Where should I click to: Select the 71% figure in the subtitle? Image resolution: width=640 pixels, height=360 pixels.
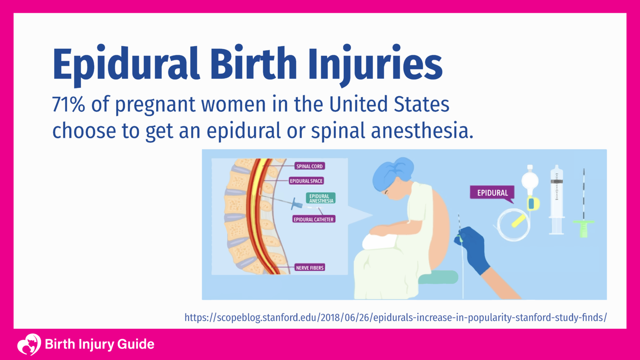[x=68, y=104]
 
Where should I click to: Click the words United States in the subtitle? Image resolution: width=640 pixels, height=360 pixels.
[x=389, y=104]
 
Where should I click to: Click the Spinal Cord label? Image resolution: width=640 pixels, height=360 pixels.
[x=309, y=166]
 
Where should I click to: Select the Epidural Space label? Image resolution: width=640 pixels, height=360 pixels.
[x=306, y=181]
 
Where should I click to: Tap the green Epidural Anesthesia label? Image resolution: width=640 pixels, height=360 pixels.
[x=321, y=198]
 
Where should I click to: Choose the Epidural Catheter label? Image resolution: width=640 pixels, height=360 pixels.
[x=313, y=219]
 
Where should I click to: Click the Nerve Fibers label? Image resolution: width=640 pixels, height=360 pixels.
[x=310, y=267]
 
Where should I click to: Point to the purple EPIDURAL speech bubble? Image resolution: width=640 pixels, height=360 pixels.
[x=492, y=193]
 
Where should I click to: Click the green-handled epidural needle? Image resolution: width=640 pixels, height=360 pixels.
[x=584, y=225]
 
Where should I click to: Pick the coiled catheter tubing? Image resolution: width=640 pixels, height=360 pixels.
[x=513, y=225]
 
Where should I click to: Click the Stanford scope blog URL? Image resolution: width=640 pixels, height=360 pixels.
[x=395, y=317]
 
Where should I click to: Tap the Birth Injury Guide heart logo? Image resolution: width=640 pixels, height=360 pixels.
[x=29, y=344]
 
